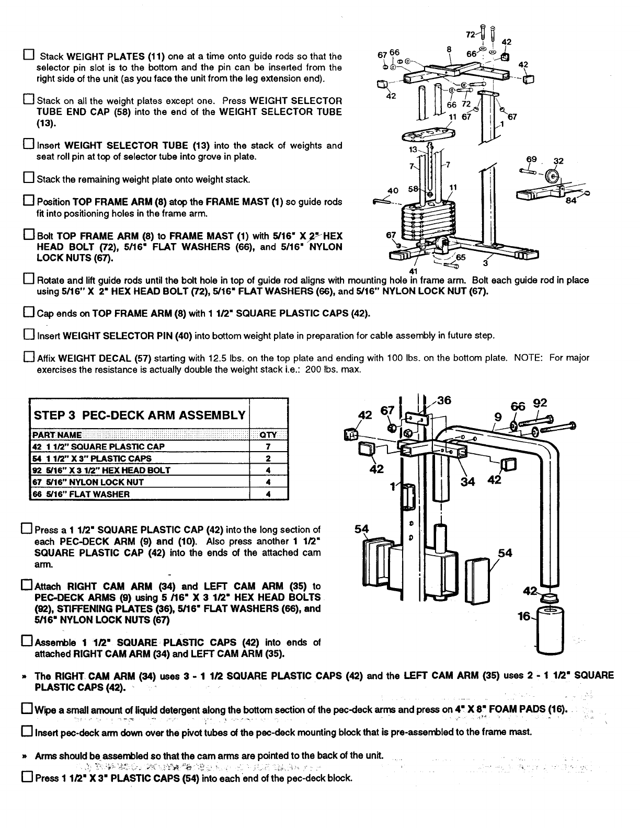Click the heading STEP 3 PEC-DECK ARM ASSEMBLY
[140, 415]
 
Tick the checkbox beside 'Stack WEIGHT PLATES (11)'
[29, 55]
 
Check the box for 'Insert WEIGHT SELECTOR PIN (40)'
[29, 335]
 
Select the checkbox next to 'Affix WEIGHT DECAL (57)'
[29, 358]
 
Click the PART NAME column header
[57, 435]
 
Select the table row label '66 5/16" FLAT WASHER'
[81, 494]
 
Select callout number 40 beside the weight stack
[392, 190]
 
